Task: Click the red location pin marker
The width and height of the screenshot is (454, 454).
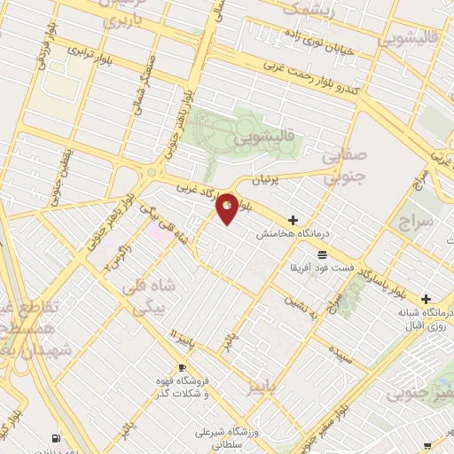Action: [x=227, y=209]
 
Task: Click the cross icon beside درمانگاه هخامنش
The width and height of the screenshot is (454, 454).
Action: [x=293, y=220]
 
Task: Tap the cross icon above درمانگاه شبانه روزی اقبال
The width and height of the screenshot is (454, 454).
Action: [x=427, y=299]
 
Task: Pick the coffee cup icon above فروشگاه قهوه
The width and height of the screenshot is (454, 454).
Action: [x=183, y=367]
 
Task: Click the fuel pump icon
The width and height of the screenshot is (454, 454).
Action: [x=58, y=438]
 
